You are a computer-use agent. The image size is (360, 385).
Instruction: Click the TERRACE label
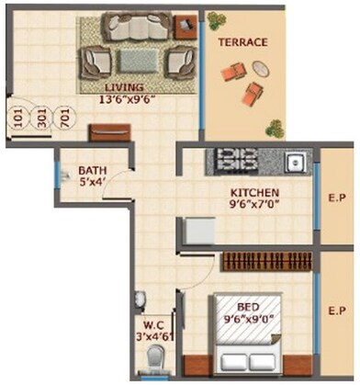tap(242, 42)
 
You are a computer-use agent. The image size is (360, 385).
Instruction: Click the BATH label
tap(91, 170)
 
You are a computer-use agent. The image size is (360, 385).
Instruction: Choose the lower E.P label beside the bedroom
tap(335, 311)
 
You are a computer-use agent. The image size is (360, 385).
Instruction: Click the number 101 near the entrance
tap(19, 119)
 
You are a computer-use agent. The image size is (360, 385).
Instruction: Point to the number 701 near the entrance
tap(63, 119)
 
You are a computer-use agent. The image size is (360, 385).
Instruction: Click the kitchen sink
tap(295, 162)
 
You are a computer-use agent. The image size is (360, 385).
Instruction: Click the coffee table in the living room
tap(139, 60)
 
